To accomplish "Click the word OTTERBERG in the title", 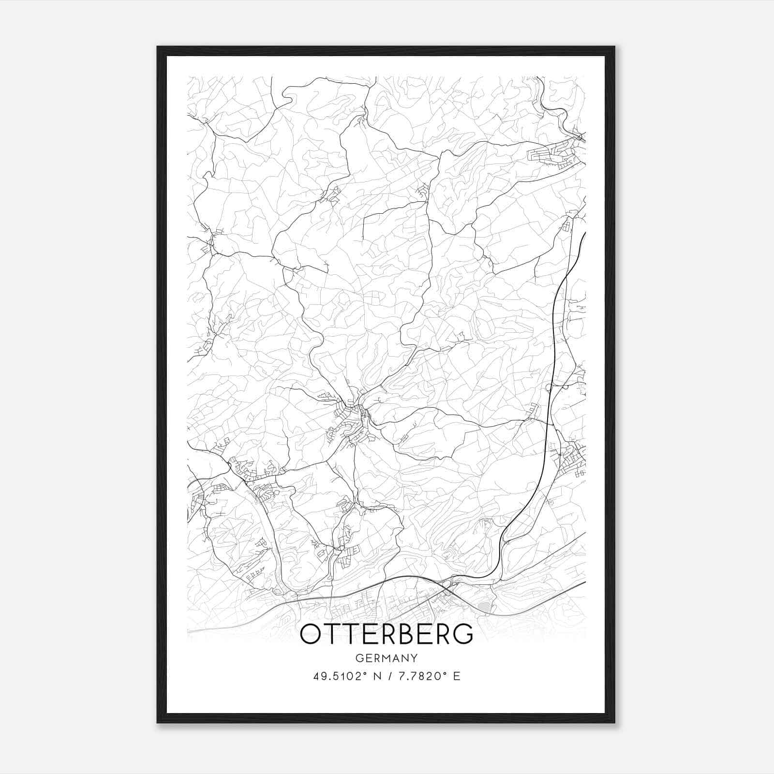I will (x=387, y=634).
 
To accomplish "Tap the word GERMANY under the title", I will (x=387, y=658).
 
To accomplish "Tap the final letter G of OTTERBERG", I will (x=463, y=634).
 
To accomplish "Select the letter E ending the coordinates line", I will (x=457, y=676).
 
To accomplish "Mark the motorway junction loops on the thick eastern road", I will (x=556, y=387).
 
